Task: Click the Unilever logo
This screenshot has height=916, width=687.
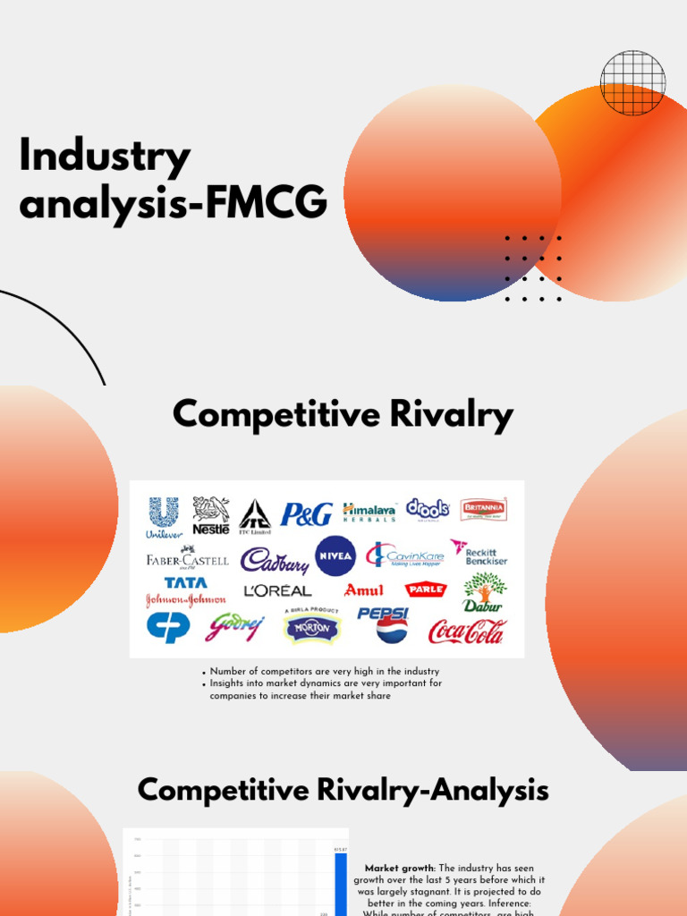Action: click(x=163, y=518)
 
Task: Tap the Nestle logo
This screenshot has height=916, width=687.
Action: click(x=211, y=516)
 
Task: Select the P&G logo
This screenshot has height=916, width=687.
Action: click(x=306, y=514)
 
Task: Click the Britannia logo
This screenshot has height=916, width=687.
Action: click(x=483, y=510)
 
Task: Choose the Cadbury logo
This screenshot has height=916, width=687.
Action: click(x=275, y=560)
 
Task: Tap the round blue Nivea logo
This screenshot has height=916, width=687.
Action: click(x=335, y=556)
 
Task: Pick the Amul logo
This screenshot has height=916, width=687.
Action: click(x=364, y=590)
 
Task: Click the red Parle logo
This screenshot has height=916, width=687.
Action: click(x=426, y=589)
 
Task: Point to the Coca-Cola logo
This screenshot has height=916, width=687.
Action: click(x=467, y=632)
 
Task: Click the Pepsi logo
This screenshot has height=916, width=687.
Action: click(x=384, y=625)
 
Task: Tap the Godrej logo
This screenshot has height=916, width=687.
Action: click(x=235, y=628)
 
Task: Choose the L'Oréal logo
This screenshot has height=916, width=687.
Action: click(x=277, y=590)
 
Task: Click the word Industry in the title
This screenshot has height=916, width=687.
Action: click(x=105, y=157)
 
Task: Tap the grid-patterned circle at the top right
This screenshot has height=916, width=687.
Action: click(x=632, y=83)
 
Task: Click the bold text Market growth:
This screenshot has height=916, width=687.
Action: click(x=390, y=869)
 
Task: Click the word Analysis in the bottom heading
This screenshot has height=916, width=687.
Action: click(x=487, y=791)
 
